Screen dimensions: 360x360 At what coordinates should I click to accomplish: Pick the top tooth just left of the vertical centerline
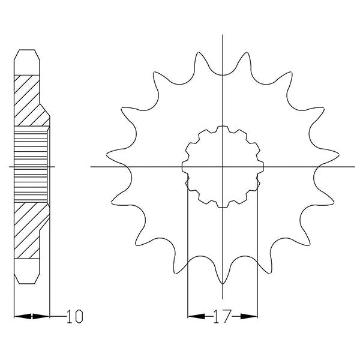point(199,60)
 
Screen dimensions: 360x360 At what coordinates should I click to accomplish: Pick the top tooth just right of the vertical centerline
point(247,60)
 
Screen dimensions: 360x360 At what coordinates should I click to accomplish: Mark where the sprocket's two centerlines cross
point(223,166)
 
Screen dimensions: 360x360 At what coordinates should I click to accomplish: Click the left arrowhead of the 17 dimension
point(192,315)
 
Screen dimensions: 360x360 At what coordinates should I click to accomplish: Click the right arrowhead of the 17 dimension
point(254,315)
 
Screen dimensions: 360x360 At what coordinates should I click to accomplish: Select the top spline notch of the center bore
point(223,128)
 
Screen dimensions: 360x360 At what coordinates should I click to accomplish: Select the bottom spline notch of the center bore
point(223,205)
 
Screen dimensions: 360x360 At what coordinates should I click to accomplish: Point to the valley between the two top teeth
point(223,75)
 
